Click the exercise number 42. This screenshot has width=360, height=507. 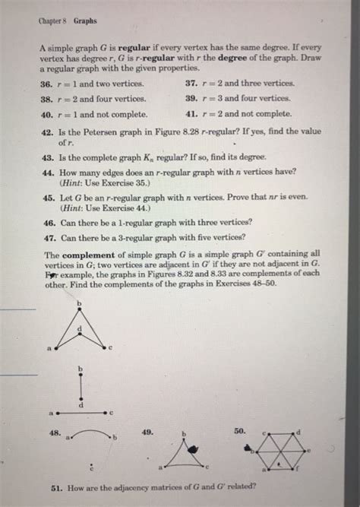[46, 132]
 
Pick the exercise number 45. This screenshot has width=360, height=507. [46, 196]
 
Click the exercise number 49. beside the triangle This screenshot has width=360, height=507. [149, 431]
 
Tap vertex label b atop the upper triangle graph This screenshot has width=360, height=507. [77, 305]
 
